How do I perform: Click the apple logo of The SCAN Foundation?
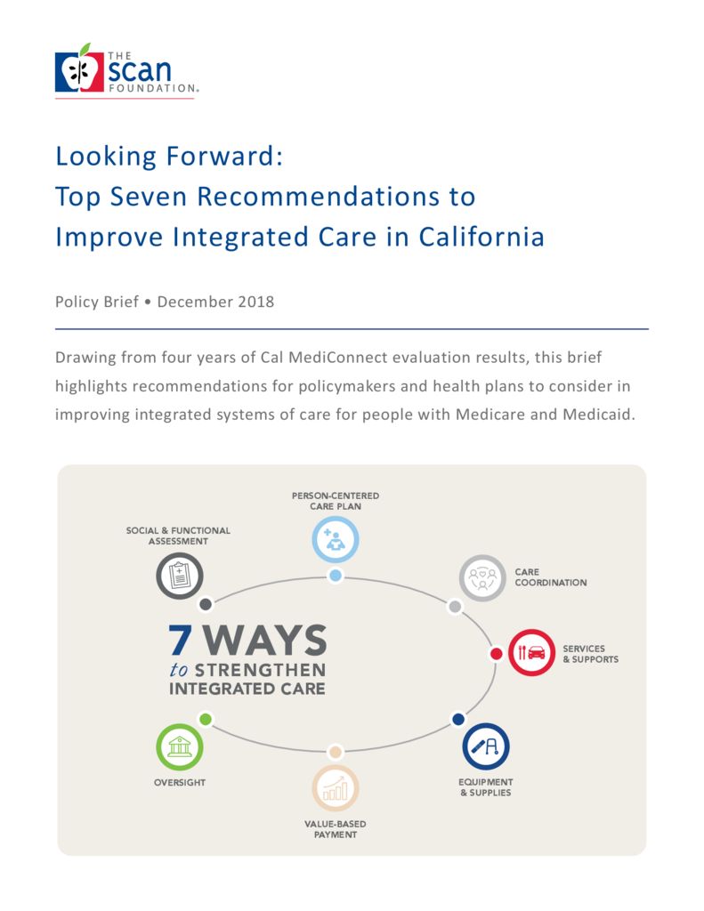click(x=79, y=69)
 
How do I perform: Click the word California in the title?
click(x=481, y=237)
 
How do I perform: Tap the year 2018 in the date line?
click(x=255, y=302)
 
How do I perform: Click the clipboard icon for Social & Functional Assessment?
click(x=180, y=576)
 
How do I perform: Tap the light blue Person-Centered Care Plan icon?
click(x=336, y=539)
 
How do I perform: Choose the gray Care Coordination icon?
click(x=482, y=578)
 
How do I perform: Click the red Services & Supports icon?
click(x=532, y=652)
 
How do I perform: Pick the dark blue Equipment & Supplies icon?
click(x=486, y=746)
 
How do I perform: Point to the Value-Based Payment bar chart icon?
click(x=336, y=788)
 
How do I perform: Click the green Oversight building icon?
click(x=180, y=747)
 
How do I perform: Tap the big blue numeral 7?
click(x=180, y=641)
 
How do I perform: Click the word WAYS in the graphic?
click(x=265, y=641)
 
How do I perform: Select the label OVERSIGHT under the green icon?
click(x=180, y=783)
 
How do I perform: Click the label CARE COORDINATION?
click(x=551, y=576)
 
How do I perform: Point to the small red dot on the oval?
click(x=497, y=654)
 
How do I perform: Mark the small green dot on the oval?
click(x=206, y=719)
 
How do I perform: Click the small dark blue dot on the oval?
click(x=458, y=719)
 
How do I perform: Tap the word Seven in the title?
click(x=149, y=197)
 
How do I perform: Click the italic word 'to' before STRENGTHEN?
click(x=179, y=670)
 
